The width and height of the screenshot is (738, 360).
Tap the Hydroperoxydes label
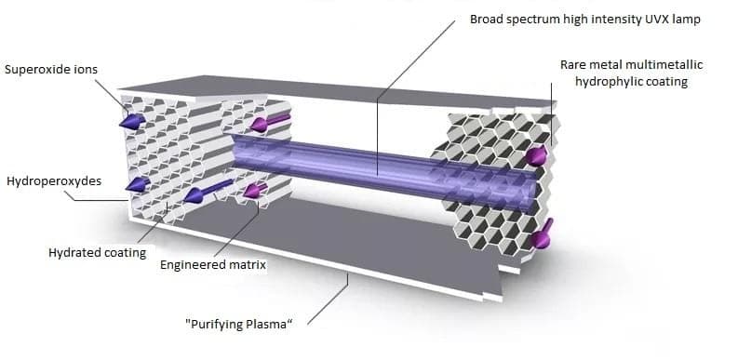53,180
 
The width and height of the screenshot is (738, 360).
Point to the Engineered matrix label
213,265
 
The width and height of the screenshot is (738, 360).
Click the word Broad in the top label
488,19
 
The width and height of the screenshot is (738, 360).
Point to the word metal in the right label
611,65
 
